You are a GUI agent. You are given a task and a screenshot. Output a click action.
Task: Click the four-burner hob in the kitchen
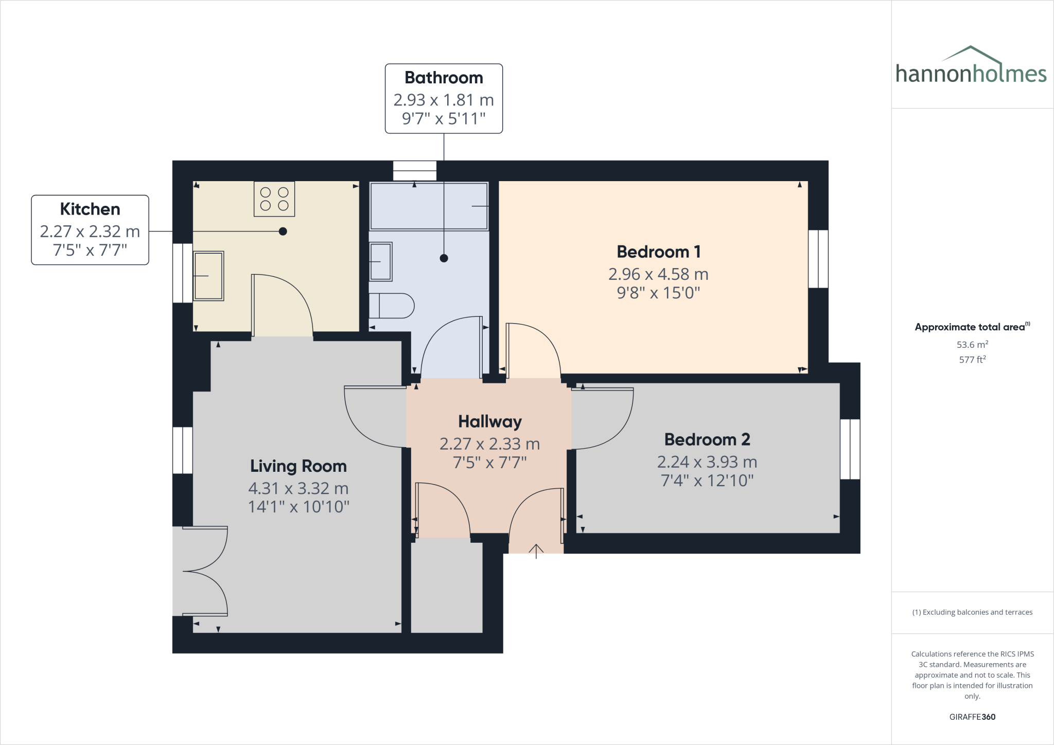coord(274,199)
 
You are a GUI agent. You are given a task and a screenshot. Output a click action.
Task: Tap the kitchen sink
coord(208,276)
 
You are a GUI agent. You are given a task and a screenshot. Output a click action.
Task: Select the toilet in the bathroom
coord(392,306)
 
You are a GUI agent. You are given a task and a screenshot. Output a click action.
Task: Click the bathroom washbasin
coord(381,262)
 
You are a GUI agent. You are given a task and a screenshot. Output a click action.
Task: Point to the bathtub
coord(429,206)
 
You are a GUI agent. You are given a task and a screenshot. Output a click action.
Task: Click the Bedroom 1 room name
coord(658,252)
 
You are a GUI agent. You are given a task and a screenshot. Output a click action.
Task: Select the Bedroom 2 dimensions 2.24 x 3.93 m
coord(707,462)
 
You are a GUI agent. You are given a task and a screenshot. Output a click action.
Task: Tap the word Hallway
coord(490,422)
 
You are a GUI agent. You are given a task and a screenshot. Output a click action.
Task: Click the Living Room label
coord(298,466)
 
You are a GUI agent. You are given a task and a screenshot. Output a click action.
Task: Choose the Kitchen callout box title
coord(90,209)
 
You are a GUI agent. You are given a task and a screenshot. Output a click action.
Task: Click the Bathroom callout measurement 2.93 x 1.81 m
coord(444,100)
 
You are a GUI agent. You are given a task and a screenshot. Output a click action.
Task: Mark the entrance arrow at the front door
coord(536,551)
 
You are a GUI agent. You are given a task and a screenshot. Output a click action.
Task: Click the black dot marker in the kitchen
coord(283,232)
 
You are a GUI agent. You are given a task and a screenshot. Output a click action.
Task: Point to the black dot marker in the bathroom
coord(444,258)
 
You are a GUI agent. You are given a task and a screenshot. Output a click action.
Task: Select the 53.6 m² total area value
coord(972,345)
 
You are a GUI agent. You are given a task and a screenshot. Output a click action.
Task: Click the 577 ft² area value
coord(972,360)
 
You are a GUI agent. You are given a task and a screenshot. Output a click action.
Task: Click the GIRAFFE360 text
coord(972,717)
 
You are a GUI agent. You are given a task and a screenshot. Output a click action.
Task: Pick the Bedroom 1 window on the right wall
coord(818,259)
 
